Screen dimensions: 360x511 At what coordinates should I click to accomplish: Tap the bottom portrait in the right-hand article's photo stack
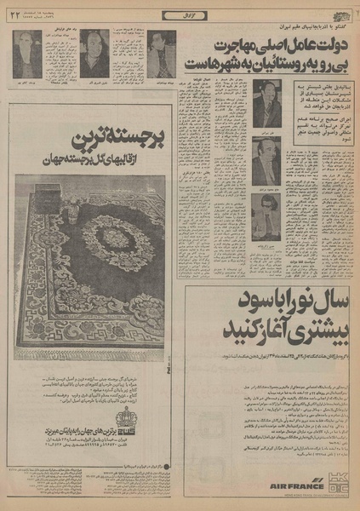267,209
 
